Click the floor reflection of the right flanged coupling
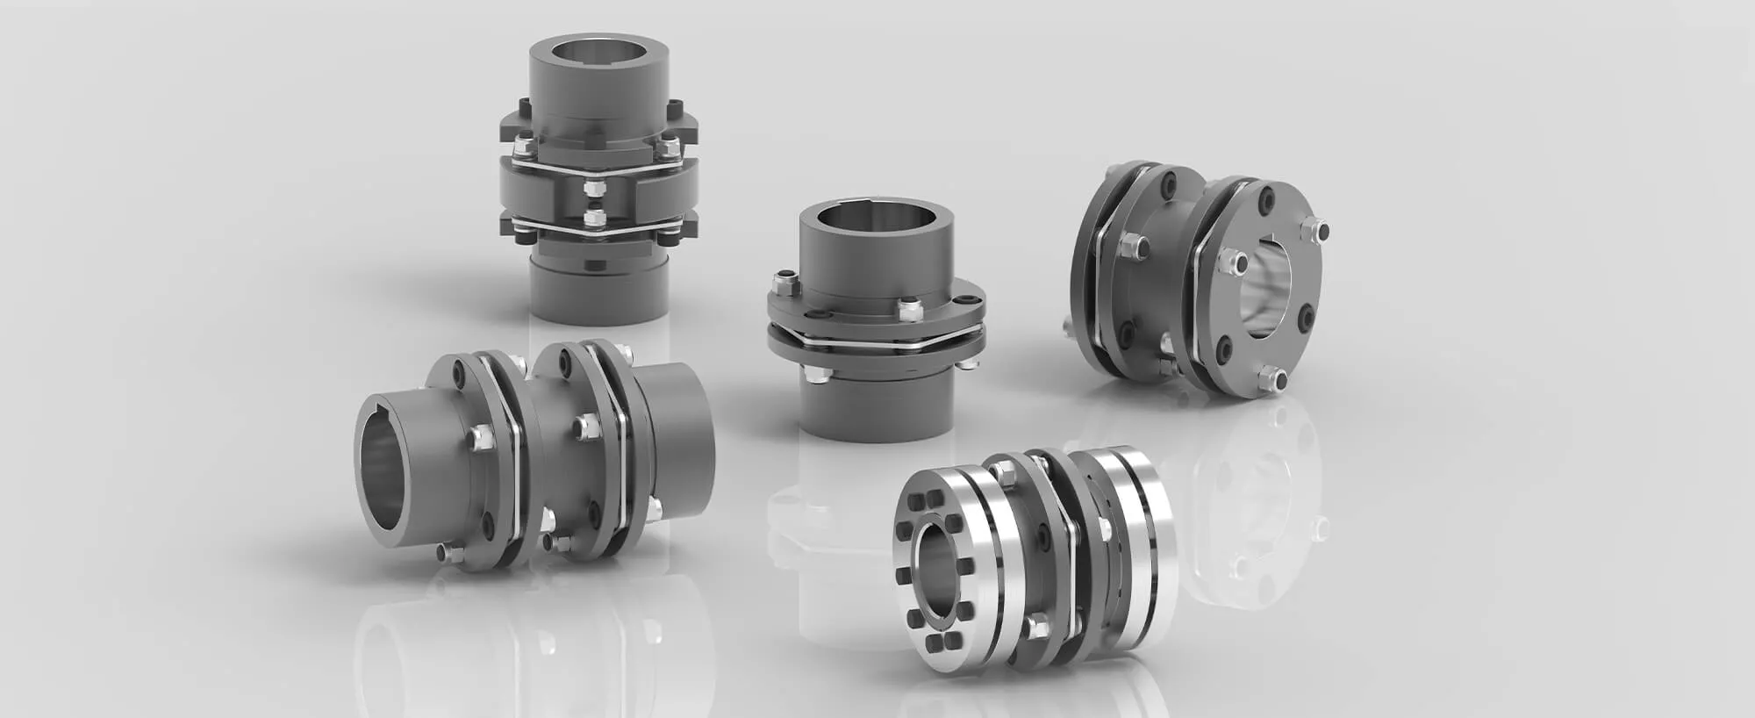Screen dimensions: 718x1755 [x=1264, y=509]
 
